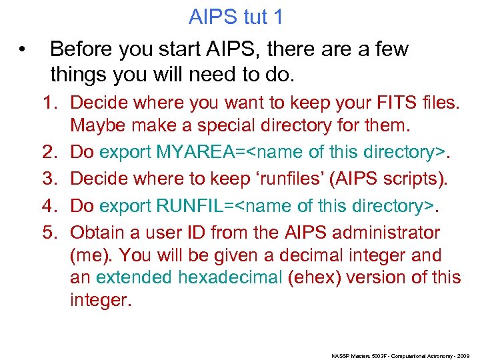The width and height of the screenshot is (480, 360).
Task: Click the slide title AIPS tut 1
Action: point(236,17)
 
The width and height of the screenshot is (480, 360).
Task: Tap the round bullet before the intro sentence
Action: point(23,49)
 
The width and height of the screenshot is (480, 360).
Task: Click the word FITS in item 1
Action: point(397,103)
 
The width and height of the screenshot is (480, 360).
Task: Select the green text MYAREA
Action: point(197,151)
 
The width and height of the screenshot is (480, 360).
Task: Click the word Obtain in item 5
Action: point(99,233)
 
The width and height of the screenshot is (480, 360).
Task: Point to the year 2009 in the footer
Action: point(463,356)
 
